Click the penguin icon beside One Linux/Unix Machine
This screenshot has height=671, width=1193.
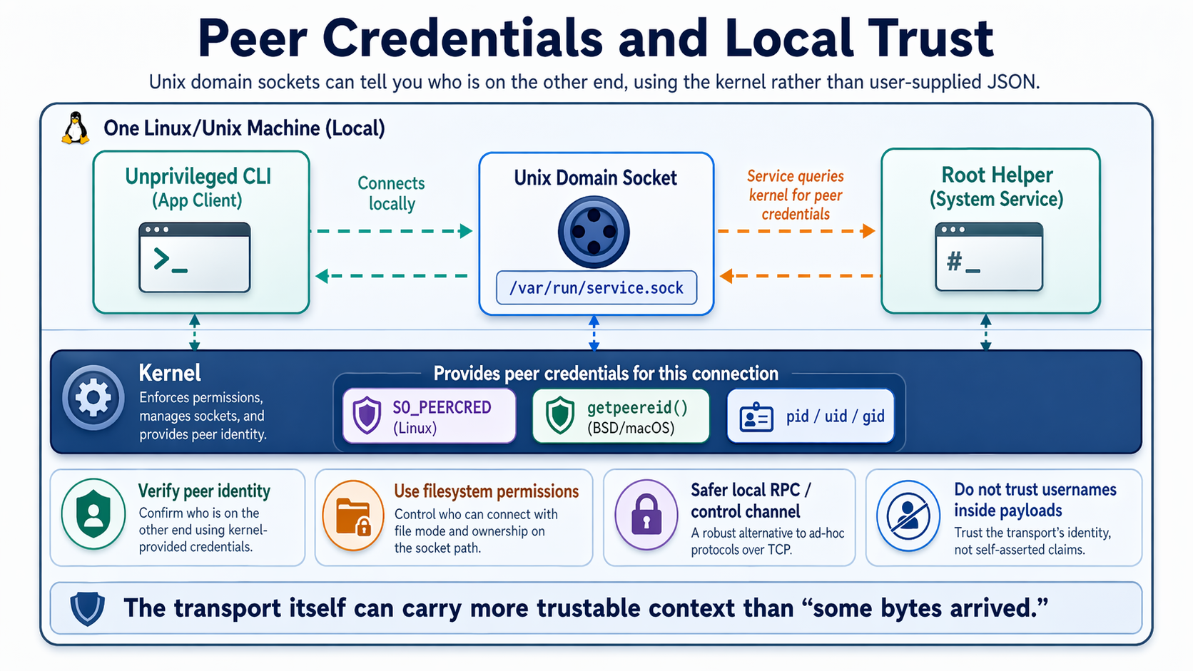pos(76,128)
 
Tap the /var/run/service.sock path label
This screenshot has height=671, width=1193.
pos(596,288)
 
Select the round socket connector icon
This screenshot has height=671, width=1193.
pos(594,232)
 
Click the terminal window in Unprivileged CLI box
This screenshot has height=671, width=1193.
pos(195,257)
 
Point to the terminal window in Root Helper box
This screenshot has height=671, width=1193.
pos(989,257)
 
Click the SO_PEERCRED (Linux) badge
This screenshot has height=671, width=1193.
pos(429,416)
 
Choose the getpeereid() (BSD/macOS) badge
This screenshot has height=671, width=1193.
pos(621,416)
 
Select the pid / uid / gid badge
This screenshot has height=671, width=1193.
pos(811,416)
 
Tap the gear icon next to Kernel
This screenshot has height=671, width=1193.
pos(93,398)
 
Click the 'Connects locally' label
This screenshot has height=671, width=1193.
pos(391,193)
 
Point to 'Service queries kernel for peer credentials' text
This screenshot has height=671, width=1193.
pos(796,195)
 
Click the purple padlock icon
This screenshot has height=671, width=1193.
pos(646,515)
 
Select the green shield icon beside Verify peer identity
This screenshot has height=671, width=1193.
pos(93,514)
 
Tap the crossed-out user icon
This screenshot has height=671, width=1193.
pos(908,516)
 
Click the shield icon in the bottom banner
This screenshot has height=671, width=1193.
pos(88,609)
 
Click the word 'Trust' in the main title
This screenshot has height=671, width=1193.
pos(930,39)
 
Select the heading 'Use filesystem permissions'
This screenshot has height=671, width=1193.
pos(487,491)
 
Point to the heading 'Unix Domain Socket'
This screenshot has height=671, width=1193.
pos(596,178)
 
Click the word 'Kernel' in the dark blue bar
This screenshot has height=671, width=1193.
pos(170,373)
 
